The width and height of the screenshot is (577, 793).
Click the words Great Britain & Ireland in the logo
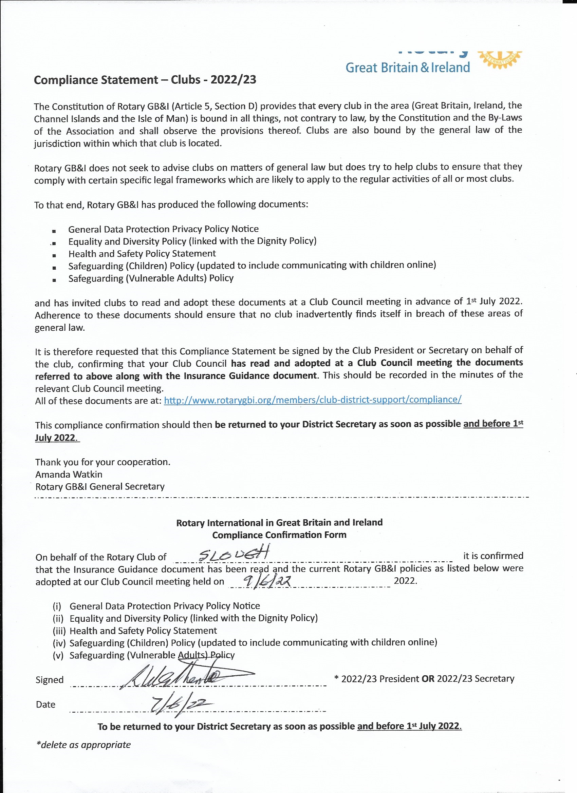(408, 67)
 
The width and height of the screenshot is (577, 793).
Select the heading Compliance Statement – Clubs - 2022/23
(145, 80)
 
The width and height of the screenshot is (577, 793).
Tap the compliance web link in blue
(313, 400)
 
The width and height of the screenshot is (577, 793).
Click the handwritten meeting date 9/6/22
(267, 581)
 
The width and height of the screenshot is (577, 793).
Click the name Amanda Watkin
(69, 475)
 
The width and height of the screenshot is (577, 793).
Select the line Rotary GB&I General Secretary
(100, 487)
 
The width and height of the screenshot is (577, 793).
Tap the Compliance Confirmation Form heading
(279, 535)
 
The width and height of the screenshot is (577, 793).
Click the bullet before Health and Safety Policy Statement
(54, 255)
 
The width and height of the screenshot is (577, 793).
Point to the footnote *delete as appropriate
(83, 745)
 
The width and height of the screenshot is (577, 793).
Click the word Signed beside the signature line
(49, 680)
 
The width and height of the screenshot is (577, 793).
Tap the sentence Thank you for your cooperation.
(103, 462)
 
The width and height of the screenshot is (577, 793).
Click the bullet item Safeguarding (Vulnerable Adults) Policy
(151, 278)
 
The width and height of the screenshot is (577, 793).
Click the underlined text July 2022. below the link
(57, 438)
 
